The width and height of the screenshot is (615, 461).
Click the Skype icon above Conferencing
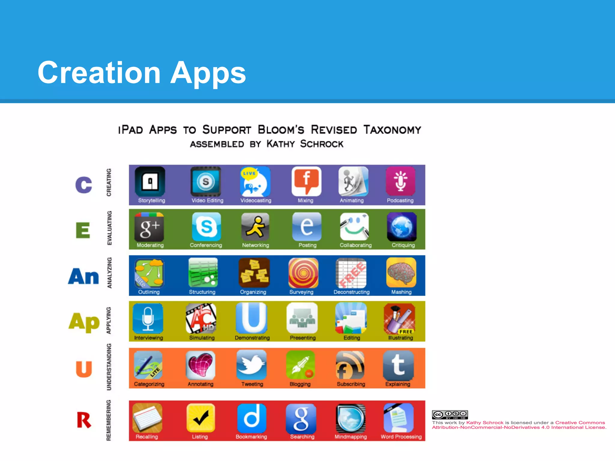point(206,227)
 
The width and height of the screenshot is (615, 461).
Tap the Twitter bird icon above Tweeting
point(251,365)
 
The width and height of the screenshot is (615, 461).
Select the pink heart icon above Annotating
point(200,365)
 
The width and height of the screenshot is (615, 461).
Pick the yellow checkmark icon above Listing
point(201,417)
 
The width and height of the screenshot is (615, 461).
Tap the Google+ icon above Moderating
point(149,227)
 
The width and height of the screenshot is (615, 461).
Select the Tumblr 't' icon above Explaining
point(398,365)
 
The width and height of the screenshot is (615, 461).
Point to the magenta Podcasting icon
point(401,181)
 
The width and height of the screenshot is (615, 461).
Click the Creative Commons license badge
point(450,414)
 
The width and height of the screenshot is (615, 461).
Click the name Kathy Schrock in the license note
point(485,423)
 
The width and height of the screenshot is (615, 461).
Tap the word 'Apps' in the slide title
point(208,73)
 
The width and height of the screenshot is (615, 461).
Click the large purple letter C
point(83,185)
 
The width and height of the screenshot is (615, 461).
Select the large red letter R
point(84,420)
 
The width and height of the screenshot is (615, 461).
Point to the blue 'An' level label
point(83,276)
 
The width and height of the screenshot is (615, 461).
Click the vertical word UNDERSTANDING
point(109,367)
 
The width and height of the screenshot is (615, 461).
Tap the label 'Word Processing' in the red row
point(401,437)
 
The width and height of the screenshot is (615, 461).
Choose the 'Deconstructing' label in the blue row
point(352,292)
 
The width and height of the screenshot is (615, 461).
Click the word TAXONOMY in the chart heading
point(392,130)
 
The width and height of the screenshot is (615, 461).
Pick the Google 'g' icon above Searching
point(301,417)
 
